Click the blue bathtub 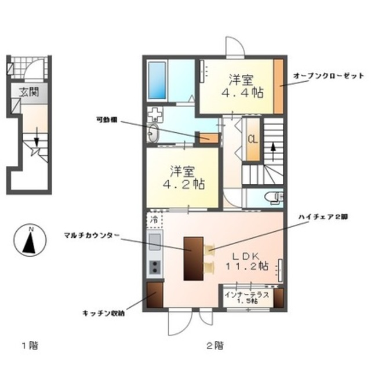tap(157, 80)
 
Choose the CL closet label tap(253, 139)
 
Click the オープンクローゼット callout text tap(329, 77)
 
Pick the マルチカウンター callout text tap(92, 235)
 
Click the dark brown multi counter tap(192, 259)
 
